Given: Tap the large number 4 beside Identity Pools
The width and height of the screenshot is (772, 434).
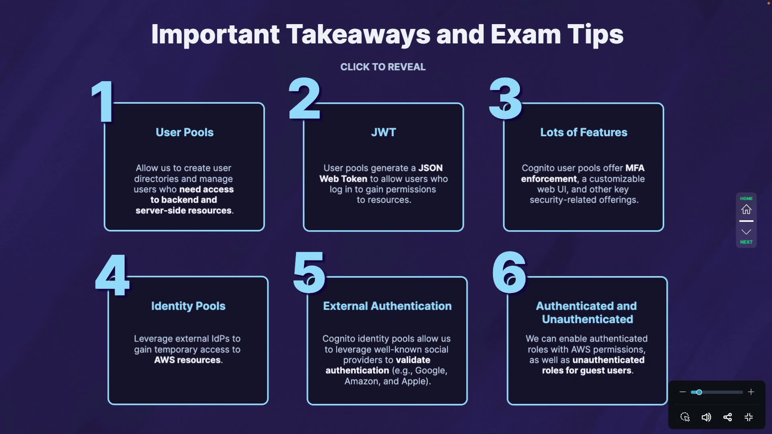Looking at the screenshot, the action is tap(113, 276).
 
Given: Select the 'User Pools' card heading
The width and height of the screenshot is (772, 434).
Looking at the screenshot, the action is tap(185, 132).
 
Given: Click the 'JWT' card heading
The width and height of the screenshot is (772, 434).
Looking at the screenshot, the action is tap(384, 132).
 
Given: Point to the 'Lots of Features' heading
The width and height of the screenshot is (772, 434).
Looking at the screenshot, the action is tap(583, 132).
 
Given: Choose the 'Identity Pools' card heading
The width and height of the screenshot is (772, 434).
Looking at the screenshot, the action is tap(188, 306).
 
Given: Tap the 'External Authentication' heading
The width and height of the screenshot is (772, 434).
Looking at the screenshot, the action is tap(387, 306).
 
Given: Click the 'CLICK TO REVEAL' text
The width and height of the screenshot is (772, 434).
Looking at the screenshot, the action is tap(383, 67).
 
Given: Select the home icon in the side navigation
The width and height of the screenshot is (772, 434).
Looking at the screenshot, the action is tap(746, 209).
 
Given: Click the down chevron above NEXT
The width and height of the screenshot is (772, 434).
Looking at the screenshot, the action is tap(746, 232).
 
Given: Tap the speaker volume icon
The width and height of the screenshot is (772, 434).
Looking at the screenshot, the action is tap(706, 417).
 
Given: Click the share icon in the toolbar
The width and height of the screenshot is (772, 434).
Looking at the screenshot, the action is tap(727, 417).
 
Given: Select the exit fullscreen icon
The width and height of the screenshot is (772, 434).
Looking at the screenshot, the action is tap(749, 417).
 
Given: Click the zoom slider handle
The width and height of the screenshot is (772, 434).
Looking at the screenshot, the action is tap(699, 392).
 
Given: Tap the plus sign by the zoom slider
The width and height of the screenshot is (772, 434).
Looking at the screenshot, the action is tap(751, 392).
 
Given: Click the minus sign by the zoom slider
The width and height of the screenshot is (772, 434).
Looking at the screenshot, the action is tap(682, 392).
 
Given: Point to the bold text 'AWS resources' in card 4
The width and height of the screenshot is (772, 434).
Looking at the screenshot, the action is tap(187, 360).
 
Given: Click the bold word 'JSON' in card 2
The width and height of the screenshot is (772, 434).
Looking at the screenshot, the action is tap(430, 168).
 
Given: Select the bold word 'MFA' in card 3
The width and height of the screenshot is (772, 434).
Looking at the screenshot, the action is tap(635, 168).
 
